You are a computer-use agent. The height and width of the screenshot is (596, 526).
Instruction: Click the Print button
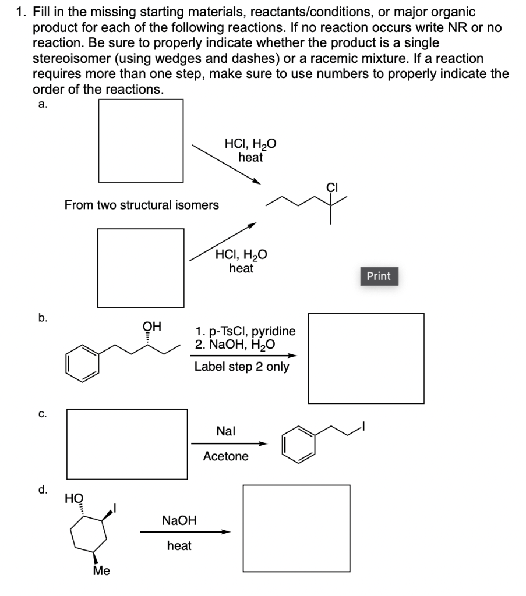[379, 276]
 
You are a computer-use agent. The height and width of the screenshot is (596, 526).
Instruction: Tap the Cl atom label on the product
[332, 188]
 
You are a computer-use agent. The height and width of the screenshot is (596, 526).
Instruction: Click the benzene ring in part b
[82, 362]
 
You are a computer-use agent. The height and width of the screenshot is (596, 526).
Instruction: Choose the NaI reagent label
[225, 431]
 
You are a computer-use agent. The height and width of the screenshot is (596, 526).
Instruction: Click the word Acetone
[225, 456]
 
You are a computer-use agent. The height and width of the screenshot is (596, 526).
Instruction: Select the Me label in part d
[102, 570]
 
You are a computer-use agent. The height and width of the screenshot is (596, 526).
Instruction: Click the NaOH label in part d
[179, 520]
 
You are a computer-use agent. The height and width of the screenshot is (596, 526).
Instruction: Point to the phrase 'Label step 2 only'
[242, 367]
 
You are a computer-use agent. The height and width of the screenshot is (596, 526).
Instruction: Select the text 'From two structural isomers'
[142, 205]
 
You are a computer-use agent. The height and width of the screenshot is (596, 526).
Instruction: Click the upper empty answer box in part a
[141, 140]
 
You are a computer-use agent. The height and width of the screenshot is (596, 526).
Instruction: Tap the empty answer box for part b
[366, 358]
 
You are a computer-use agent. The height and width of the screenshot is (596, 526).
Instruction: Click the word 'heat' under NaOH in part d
[179, 546]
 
